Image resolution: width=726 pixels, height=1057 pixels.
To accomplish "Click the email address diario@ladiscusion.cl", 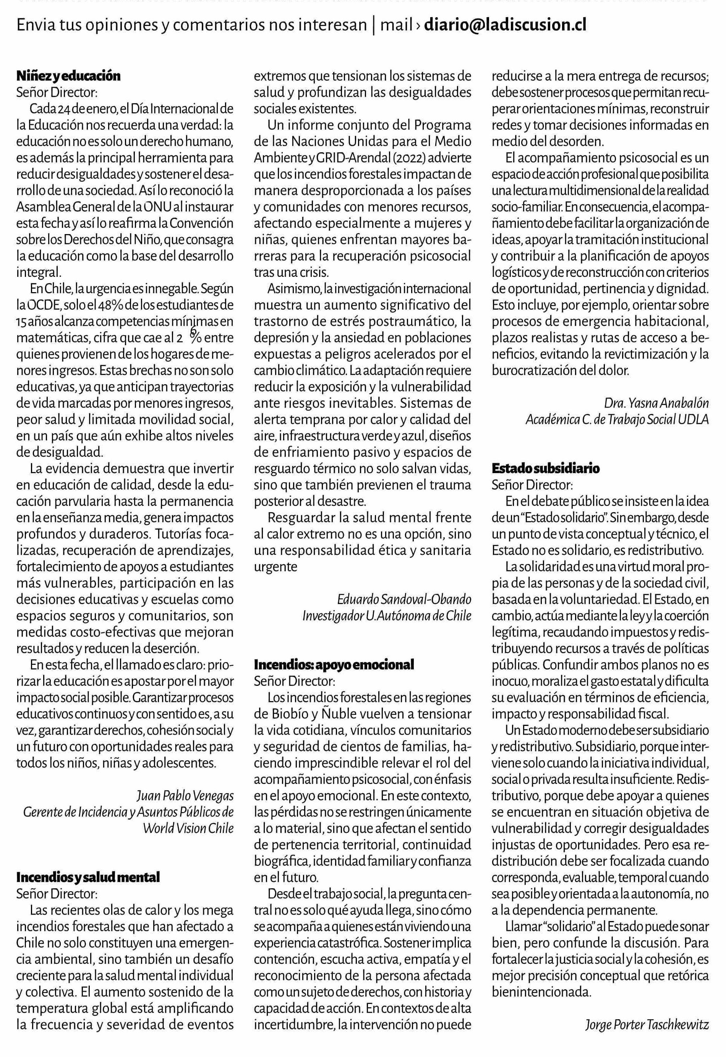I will [505, 25].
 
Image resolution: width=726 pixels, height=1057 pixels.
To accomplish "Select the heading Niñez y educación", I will [68, 76].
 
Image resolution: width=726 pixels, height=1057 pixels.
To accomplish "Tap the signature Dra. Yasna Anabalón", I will [656, 403].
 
